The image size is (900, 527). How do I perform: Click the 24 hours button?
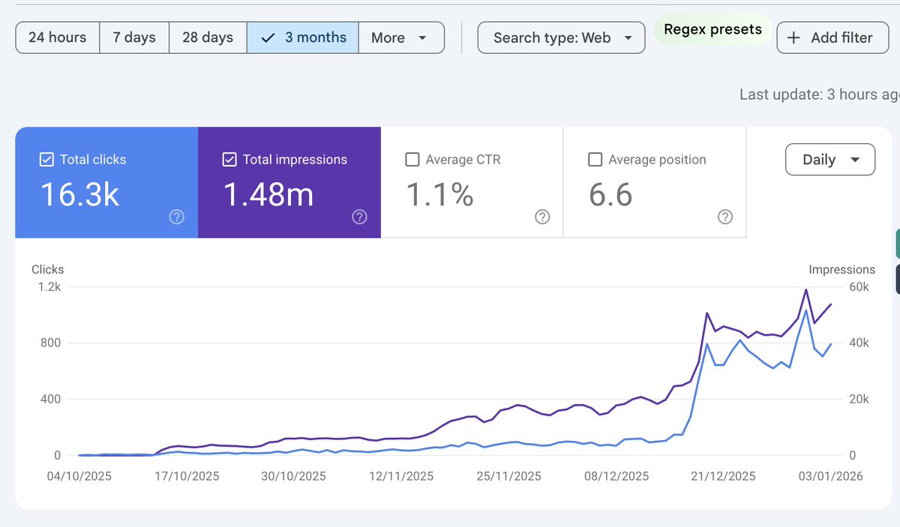click(x=58, y=37)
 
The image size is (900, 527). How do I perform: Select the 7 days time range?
click(x=134, y=37)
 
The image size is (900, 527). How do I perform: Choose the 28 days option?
click(x=208, y=37)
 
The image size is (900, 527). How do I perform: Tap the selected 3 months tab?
click(x=302, y=37)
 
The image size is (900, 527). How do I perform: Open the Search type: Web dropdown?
click(x=561, y=37)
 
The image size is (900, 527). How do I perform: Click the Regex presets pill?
click(x=712, y=29)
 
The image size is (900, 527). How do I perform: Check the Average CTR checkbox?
click(x=412, y=160)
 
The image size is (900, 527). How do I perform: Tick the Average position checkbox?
click(x=595, y=160)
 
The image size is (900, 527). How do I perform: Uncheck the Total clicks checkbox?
click(x=46, y=160)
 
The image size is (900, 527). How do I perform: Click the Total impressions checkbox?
click(x=229, y=160)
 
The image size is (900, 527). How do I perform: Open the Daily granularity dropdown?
click(x=830, y=160)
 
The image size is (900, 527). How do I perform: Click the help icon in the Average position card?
click(x=725, y=217)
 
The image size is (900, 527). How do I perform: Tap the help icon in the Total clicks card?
click(x=177, y=217)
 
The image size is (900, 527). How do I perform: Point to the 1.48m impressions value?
click(x=268, y=194)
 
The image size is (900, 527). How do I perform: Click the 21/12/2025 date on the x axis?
click(x=723, y=476)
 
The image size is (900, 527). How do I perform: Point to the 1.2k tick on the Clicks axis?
click(x=49, y=287)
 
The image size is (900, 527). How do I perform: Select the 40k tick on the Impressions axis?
click(x=859, y=343)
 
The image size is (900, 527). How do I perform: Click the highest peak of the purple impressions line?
click(x=806, y=289)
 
